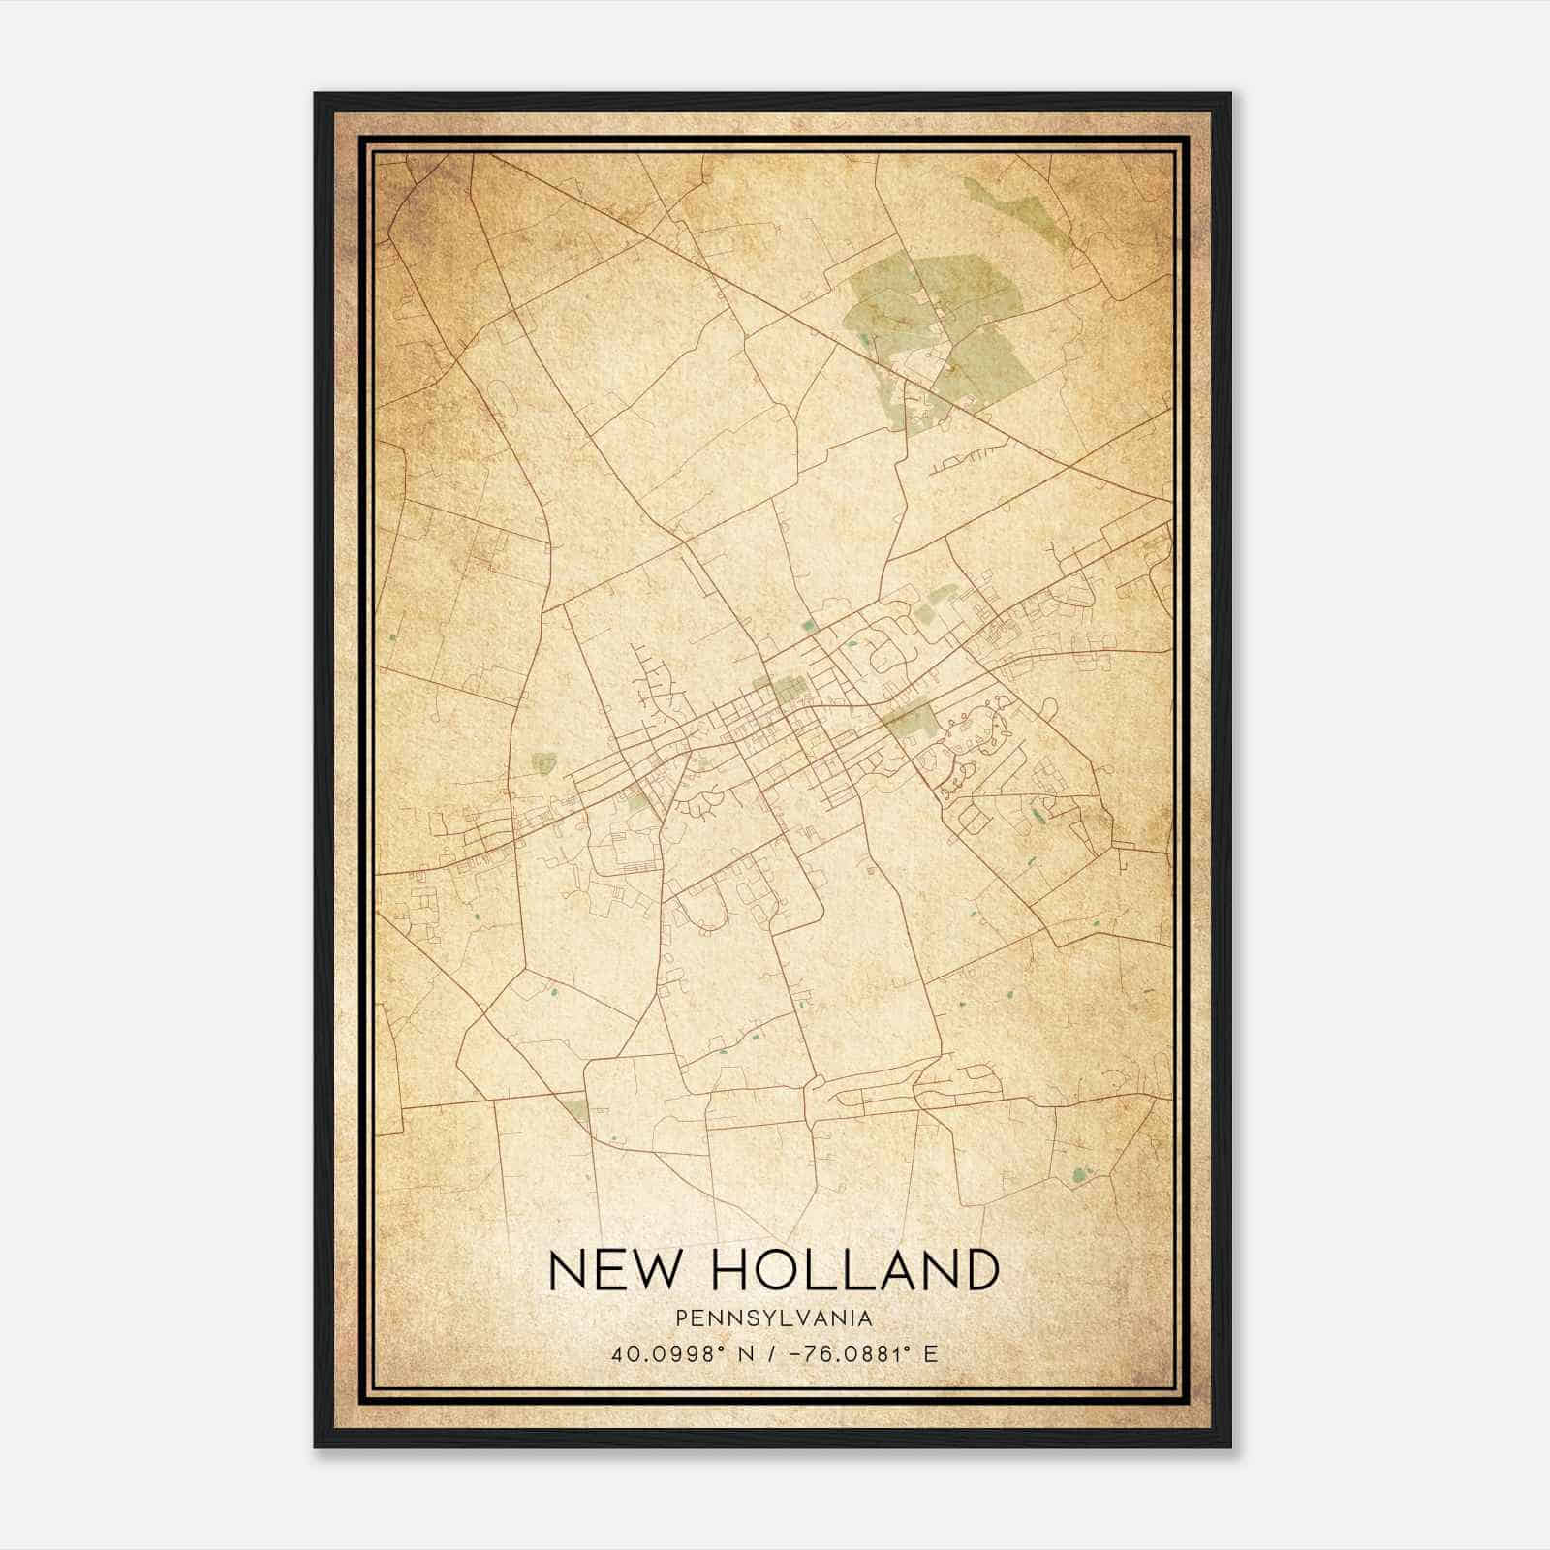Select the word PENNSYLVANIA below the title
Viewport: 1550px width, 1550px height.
[x=774, y=1318]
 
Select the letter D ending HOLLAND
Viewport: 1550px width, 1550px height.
[x=978, y=1270]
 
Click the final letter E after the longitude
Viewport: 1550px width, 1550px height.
[x=931, y=1354]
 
